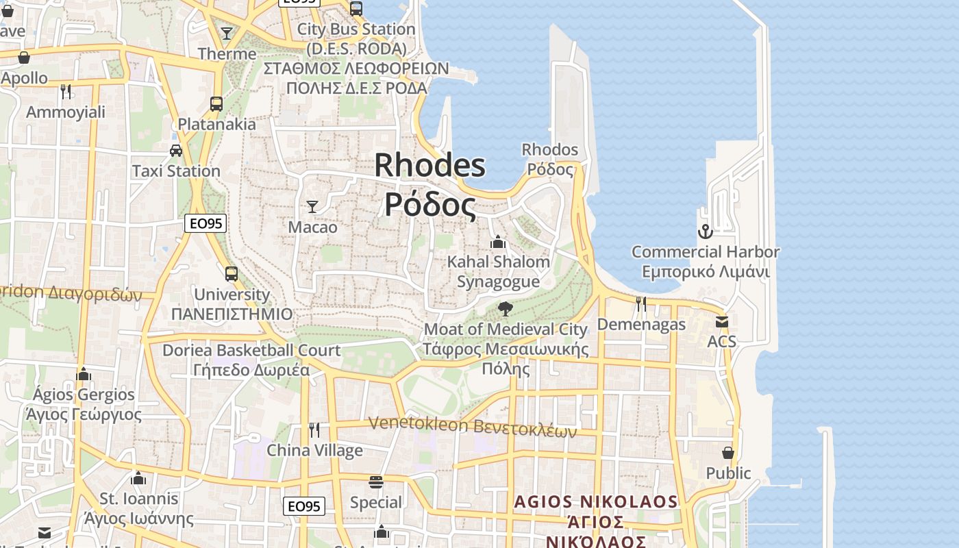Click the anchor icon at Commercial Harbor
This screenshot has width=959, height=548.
705,232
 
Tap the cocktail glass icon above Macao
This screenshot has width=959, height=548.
312,206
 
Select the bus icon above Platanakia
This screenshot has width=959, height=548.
216,104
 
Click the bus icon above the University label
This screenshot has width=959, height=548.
232,274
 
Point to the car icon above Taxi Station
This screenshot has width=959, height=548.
176,151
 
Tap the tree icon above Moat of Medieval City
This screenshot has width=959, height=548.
506,309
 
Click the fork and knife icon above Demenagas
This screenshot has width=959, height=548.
641,303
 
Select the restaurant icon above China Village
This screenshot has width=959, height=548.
314,430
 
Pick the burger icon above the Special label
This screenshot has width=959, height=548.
375,482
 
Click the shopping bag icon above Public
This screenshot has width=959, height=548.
728,453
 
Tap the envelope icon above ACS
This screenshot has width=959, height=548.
721,321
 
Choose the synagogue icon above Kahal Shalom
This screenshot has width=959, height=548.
498,242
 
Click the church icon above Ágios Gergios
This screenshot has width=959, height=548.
84,374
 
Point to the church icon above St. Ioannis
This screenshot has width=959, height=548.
139,478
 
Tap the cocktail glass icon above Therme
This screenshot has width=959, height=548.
227,33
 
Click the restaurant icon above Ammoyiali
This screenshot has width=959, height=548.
66,92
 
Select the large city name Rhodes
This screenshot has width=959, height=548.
429,166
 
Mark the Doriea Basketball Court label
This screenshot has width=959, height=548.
251,350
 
